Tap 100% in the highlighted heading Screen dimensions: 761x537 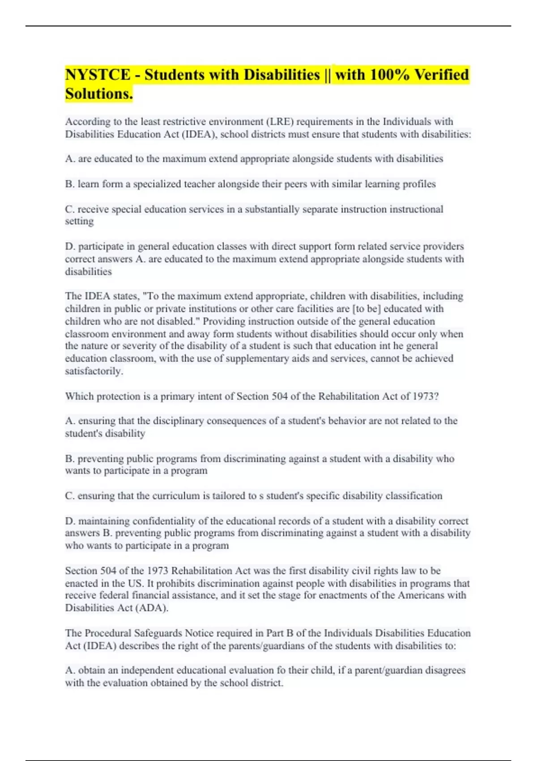[389, 75]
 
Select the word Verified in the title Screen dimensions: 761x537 [441, 75]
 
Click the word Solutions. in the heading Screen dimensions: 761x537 [99, 94]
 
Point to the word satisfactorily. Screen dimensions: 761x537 [94, 371]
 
